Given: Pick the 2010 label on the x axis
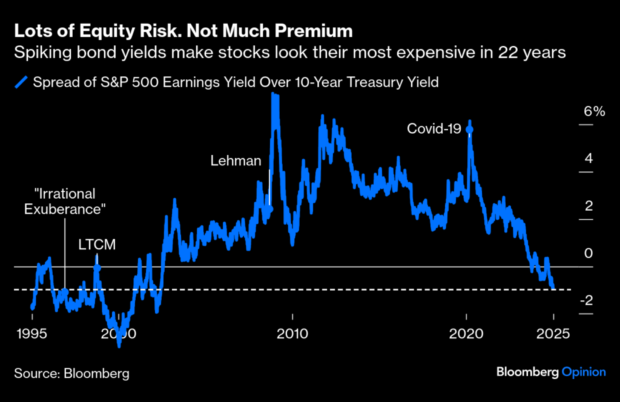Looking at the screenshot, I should [293, 333].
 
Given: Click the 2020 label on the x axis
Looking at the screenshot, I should [467, 333].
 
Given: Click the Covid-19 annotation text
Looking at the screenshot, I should [434, 129].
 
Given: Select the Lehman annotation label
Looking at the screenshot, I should [236, 161].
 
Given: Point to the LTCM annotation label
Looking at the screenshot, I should [97, 245].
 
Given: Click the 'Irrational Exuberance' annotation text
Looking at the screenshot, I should [65, 202].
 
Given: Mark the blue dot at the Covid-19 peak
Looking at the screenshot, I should [469, 130].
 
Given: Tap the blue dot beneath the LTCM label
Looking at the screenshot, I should [97, 267].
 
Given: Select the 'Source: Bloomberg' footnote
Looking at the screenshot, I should [72, 373].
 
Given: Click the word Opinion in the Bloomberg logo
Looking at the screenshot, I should [583, 372].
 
